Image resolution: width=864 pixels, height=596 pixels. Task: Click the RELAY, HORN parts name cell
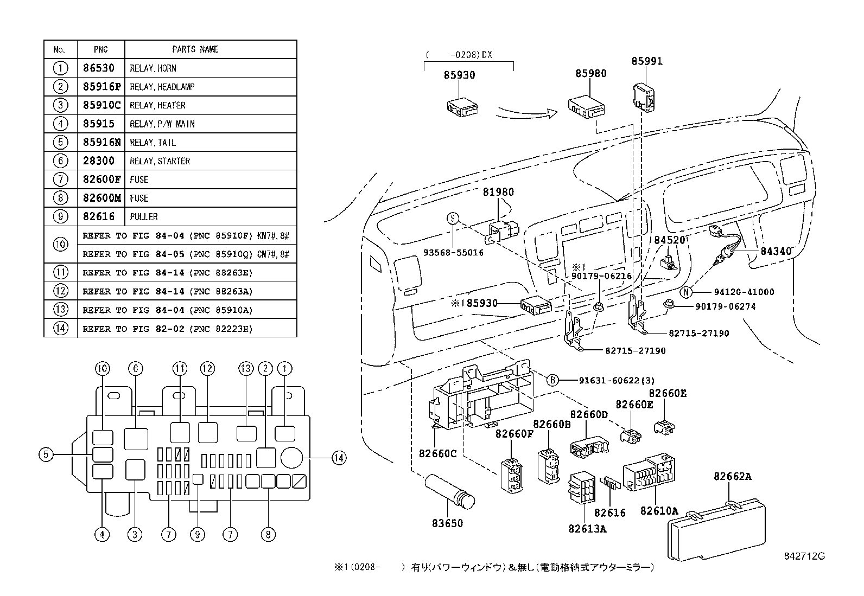click(x=153, y=68)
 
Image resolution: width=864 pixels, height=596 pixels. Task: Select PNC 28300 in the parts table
click(x=99, y=161)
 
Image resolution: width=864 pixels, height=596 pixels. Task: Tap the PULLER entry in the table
click(x=144, y=217)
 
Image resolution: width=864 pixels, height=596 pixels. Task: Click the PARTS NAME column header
click(x=195, y=49)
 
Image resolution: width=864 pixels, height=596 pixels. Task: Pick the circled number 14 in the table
click(x=61, y=329)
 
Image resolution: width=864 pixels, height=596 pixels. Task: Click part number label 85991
click(x=647, y=62)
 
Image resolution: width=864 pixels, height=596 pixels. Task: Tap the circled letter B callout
click(x=551, y=380)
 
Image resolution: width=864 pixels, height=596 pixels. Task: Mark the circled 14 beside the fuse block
click(x=339, y=458)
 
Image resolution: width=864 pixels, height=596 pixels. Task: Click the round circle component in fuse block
click(x=291, y=458)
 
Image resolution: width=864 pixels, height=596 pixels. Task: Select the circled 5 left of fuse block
click(x=46, y=454)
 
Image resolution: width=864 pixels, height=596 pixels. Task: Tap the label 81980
click(x=498, y=192)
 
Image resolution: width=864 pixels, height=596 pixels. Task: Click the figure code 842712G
click(x=804, y=556)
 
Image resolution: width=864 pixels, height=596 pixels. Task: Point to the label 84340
click(x=776, y=251)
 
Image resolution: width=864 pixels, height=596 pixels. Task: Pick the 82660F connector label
click(x=514, y=433)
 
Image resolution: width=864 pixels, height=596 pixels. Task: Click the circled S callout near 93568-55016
click(x=453, y=219)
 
